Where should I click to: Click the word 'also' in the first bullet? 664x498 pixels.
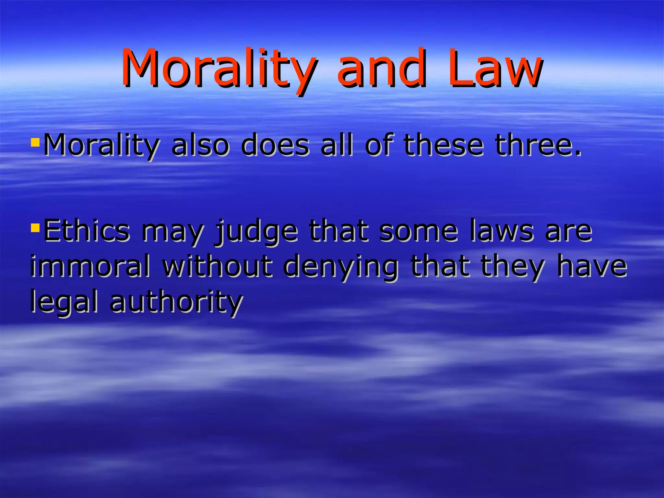coord(200,145)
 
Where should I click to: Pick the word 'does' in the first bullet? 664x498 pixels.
coord(275,145)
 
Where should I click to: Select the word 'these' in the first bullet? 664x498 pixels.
coord(443,145)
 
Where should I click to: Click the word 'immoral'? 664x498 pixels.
coord(90,266)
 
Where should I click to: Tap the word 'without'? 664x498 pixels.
coord(217,266)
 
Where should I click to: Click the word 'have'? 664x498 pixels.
coord(592,266)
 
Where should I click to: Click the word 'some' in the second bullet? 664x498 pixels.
coord(418,231)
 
